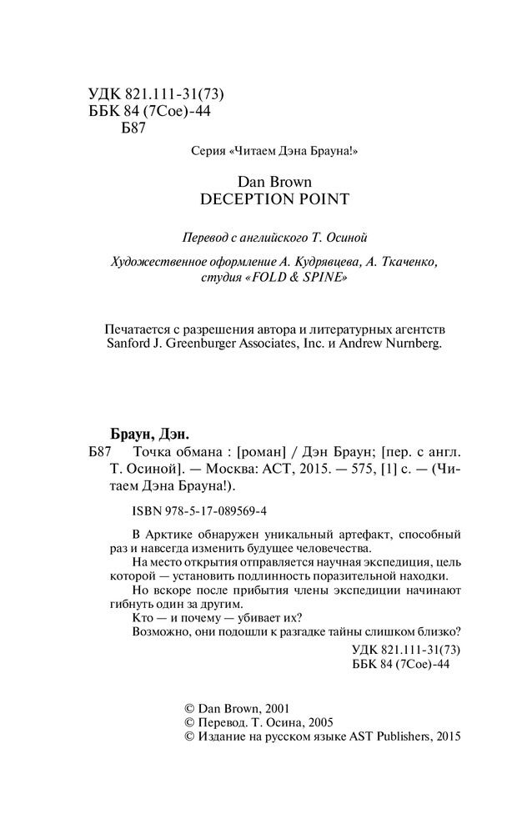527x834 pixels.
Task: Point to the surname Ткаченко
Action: point(385,262)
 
